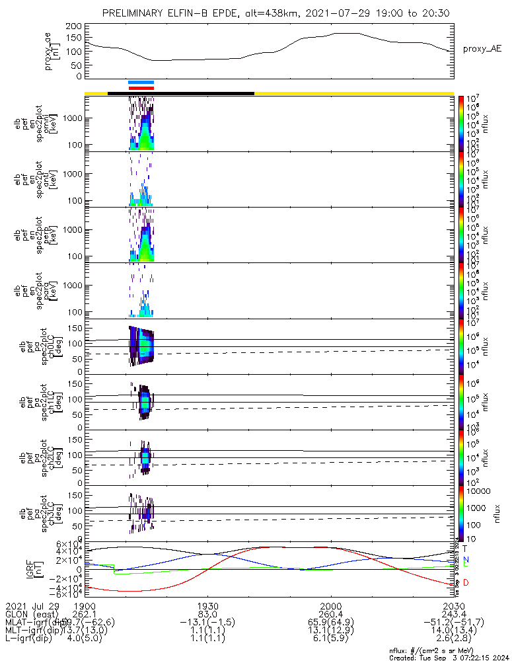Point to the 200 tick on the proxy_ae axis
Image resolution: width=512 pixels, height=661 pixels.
73,26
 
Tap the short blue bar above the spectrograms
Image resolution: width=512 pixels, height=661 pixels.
141,83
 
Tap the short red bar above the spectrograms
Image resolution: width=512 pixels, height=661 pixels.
141,88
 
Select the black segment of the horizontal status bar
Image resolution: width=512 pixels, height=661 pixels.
180,93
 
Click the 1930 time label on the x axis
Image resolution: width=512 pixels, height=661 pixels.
207,605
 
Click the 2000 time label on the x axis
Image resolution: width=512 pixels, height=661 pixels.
330,605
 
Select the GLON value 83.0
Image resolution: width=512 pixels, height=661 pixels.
208,613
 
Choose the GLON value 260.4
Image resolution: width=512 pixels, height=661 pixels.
330,613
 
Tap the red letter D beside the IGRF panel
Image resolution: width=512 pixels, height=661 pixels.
466,582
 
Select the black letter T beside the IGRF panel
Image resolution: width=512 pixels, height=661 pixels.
466,548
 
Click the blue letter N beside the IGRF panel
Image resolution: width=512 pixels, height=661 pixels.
466,559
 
